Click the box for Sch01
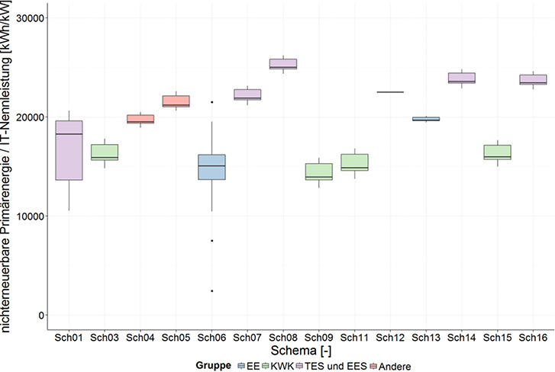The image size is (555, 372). [x=69, y=150]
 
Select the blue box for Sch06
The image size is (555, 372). [x=211, y=167]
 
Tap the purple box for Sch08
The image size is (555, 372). [x=282, y=63]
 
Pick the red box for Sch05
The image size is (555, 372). [x=176, y=101]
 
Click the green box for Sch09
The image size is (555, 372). [x=318, y=172]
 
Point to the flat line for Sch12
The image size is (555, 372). [x=390, y=92]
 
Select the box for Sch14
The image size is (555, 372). [x=461, y=78]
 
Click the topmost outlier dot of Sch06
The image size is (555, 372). [x=211, y=102]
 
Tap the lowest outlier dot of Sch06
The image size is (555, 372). [x=211, y=290]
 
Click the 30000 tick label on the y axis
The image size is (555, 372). [x=31, y=18]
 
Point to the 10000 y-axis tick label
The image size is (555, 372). [x=31, y=216]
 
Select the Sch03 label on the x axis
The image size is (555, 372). [x=105, y=336]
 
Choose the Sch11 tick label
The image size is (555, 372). [x=354, y=336]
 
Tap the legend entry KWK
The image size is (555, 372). [x=278, y=365]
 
